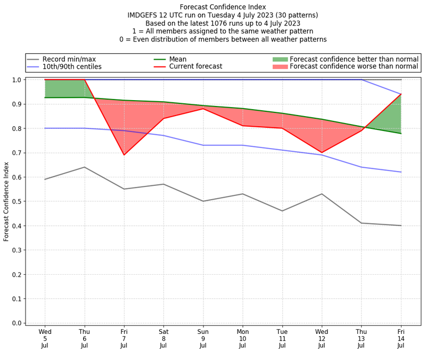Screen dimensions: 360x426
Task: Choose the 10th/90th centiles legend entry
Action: [72, 67]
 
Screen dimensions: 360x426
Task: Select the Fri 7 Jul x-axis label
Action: [124, 338]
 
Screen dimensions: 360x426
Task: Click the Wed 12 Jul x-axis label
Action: [322, 338]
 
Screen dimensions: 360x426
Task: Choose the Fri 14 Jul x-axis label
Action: [401, 338]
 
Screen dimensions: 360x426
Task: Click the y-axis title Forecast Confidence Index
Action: [6, 201]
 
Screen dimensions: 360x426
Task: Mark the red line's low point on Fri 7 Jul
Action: [124, 155]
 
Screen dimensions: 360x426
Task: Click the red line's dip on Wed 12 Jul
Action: [322, 152]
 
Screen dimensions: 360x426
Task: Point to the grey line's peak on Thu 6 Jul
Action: [85, 167]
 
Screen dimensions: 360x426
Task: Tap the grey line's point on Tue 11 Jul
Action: [282, 211]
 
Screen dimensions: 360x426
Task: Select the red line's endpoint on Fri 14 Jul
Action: [401, 94]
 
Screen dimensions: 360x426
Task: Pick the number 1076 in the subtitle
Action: [213, 23]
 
